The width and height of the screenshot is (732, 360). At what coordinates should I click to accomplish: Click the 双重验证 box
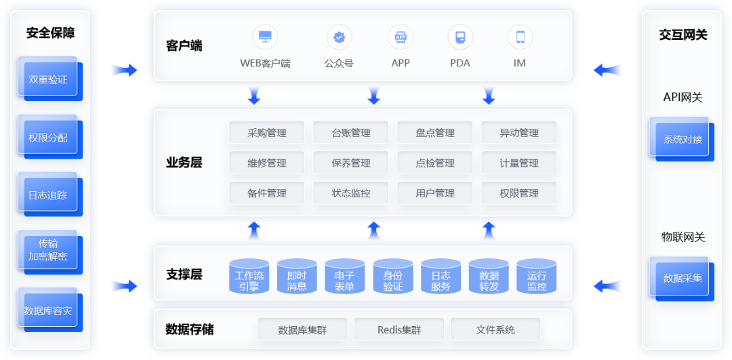click(x=48, y=79)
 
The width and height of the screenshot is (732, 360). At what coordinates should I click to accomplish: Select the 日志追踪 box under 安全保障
click(x=48, y=195)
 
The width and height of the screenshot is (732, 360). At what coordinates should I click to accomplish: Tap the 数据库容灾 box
click(x=48, y=311)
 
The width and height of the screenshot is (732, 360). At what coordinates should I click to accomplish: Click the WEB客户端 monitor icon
click(x=265, y=37)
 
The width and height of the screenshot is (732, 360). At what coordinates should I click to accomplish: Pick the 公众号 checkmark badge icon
click(x=339, y=37)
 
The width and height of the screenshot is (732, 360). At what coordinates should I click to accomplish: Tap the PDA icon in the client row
click(x=460, y=37)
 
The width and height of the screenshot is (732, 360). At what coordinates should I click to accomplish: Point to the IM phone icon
click(x=520, y=37)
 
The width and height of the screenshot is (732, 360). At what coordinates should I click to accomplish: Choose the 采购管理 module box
click(x=267, y=133)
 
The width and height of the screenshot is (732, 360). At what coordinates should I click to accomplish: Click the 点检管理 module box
click(x=435, y=163)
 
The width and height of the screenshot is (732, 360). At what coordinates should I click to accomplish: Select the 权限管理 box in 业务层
click(x=519, y=193)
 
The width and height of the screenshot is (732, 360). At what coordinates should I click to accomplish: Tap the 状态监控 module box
click(x=351, y=193)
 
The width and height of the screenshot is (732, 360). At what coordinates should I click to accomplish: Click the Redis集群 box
click(x=399, y=330)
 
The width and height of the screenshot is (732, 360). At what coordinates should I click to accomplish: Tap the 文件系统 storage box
click(x=495, y=330)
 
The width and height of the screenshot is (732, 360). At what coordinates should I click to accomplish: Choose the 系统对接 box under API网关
click(x=683, y=140)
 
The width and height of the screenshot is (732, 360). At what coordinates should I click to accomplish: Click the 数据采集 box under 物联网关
click(x=683, y=278)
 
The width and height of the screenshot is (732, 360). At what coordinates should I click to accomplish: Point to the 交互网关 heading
click(x=683, y=35)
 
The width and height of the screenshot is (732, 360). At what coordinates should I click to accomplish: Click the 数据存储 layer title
click(x=190, y=329)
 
